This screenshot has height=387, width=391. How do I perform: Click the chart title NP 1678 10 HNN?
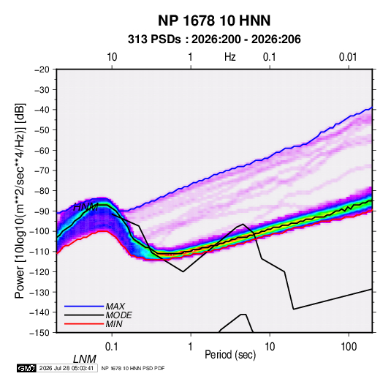point(214,20)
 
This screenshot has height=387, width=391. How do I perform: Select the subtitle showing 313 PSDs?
point(214,40)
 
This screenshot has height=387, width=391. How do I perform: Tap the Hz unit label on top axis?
point(230,57)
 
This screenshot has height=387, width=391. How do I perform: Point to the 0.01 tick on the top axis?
point(348,57)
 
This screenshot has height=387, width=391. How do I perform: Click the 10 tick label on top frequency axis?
point(112,57)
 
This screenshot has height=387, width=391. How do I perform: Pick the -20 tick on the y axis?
point(42,69)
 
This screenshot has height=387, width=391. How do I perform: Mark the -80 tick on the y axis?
point(42,191)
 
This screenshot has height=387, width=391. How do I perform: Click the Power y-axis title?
point(20,200)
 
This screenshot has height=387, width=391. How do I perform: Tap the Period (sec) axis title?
point(230,354)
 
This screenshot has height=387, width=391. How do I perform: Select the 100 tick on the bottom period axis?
point(349,347)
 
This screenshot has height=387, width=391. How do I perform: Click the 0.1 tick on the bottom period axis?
point(112,347)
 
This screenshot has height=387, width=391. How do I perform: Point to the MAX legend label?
point(115,306)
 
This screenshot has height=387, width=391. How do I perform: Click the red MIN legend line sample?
point(84,324)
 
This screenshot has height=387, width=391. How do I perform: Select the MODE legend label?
point(118,315)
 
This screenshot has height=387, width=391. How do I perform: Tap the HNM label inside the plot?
point(86,207)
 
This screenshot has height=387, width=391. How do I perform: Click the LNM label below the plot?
point(85,359)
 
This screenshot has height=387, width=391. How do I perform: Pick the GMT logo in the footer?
point(27,368)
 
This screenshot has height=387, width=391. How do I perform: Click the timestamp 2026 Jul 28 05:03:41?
point(67,368)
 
